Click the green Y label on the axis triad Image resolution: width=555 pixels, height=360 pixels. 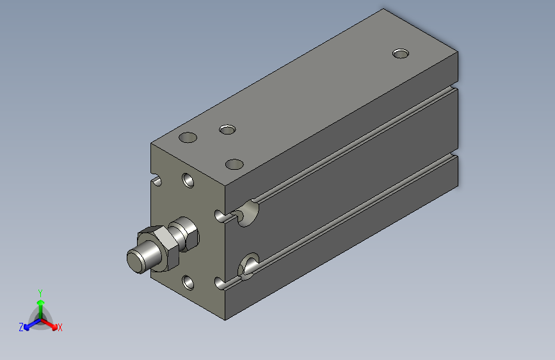40,293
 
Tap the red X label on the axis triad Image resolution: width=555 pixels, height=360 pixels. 60,327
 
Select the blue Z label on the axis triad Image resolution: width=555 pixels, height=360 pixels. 21,327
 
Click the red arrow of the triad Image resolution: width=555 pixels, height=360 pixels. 49,324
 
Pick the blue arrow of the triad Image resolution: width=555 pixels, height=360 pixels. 32,324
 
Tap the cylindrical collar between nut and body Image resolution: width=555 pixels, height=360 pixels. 184,234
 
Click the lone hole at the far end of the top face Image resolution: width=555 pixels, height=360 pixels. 401,54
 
